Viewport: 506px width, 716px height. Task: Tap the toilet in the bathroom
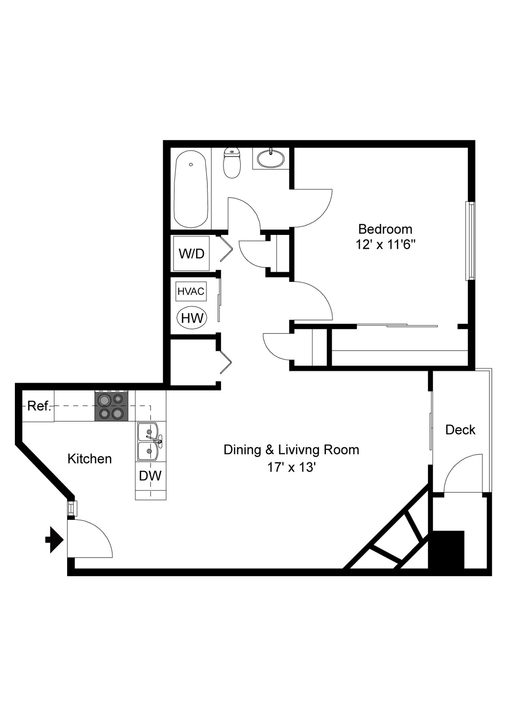[x=232, y=163]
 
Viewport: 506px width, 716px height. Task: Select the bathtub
[x=191, y=189]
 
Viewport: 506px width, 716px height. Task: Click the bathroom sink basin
[x=271, y=158]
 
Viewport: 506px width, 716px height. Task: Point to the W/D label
[x=192, y=254]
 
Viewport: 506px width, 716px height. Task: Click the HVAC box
[x=191, y=291]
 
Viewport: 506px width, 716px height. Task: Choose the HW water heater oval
[x=192, y=318]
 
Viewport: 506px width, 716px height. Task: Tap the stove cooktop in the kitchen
[x=111, y=406]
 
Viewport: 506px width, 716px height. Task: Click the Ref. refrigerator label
[x=39, y=406]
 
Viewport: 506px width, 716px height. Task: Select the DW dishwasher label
[x=150, y=475]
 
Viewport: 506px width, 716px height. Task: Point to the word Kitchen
[x=89, y=459]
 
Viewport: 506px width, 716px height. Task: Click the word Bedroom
[x=385, y=229]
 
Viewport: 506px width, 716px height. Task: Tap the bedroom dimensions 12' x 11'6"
[x=386, y=245]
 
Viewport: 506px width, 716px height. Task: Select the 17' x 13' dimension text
[x=292, y=467]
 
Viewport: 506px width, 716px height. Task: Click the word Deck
[x=461, y=430]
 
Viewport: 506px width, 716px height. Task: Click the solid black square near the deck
[x=446, y=549]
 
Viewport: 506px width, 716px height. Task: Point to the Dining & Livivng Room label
[x=291, y=450]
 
